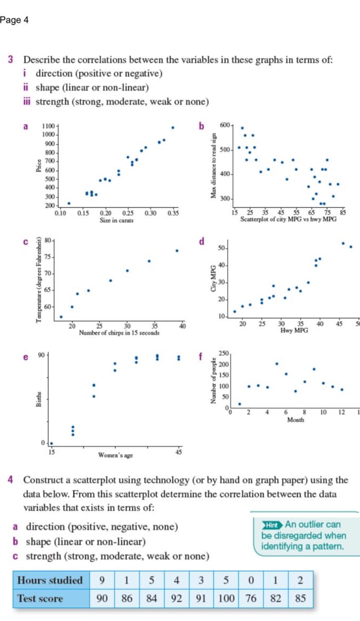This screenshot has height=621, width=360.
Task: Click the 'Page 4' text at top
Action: tap(14, 20)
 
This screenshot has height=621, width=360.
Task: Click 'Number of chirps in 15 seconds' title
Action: tap(118, 318)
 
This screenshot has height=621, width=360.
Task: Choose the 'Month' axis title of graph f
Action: tap(295, 420)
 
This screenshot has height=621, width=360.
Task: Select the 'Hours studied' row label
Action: tap(50, 580)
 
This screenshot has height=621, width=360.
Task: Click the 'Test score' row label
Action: tap(40, 599)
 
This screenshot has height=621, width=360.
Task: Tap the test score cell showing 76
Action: tap(251, 599)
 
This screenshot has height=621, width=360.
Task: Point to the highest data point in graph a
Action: tap(172, 127)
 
